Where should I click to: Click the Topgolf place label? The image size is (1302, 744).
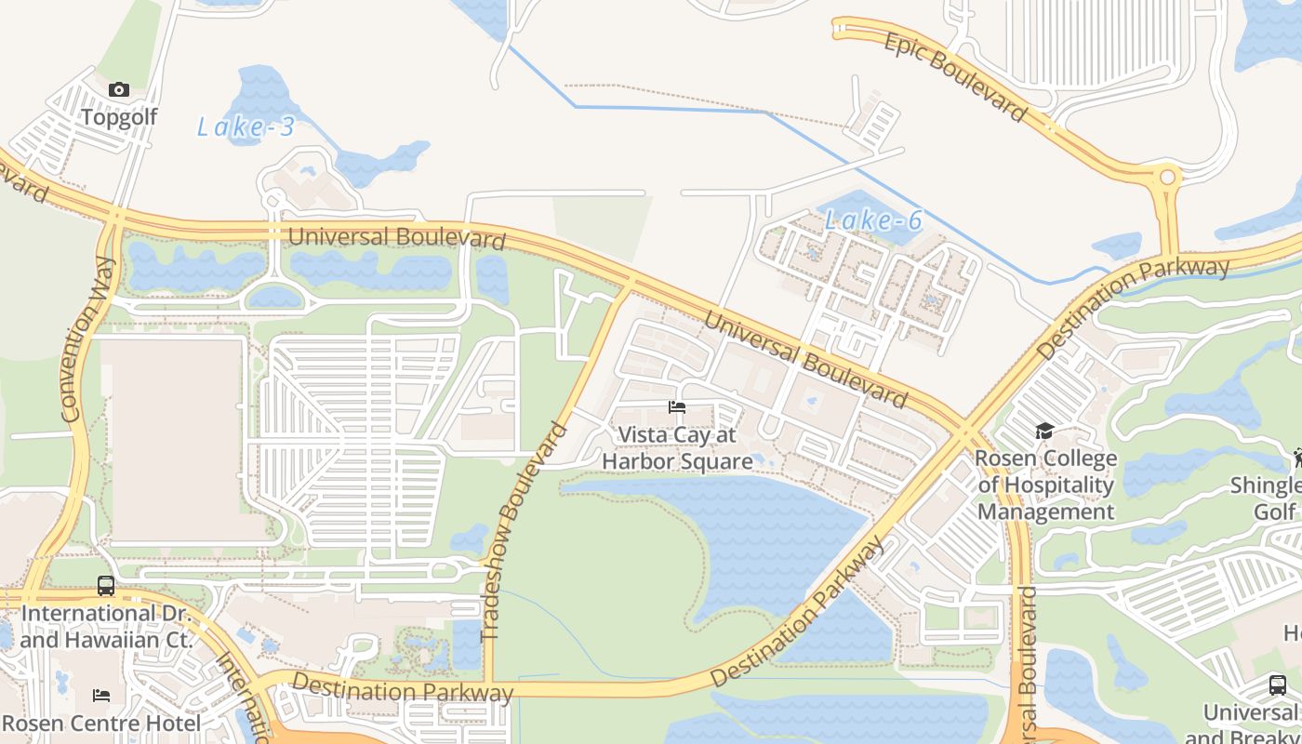[118, 117]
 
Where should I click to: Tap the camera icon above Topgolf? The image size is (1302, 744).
[118, 90]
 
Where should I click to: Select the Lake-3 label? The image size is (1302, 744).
[246, 126]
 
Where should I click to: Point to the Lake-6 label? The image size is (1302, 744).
[873, 220]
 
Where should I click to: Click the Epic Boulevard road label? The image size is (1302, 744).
[955, 77]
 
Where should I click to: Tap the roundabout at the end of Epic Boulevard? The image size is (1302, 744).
[1166, 177]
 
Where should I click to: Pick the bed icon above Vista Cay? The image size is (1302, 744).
[677, 407]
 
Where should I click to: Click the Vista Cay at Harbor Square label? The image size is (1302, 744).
[677, 448]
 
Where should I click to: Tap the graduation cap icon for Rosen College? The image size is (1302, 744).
[1044, 432]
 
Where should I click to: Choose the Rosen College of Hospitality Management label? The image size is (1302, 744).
[1045, 485]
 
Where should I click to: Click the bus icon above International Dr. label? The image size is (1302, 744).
[106, 586]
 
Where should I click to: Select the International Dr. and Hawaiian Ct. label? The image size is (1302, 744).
[106, 627]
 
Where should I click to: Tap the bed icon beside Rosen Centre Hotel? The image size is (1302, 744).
[101, 696]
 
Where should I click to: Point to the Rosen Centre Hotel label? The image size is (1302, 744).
[101, 724]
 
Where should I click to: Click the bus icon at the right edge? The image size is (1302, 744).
[1278, 685]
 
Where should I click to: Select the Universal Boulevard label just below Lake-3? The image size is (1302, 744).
[397, 237]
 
